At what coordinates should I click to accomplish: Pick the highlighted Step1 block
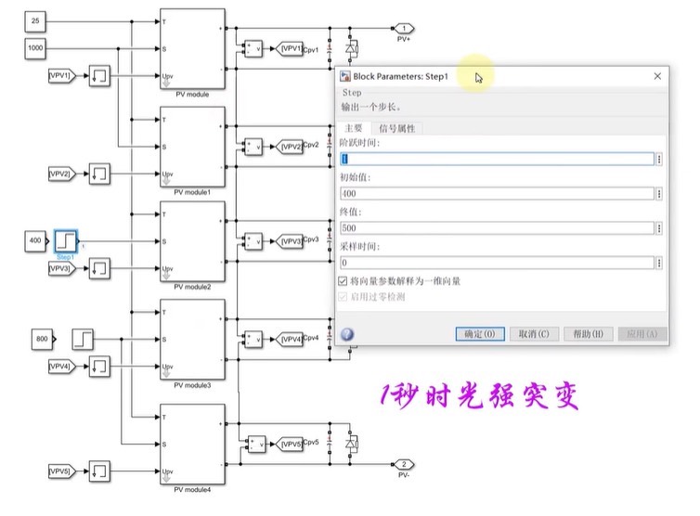coord(66,241)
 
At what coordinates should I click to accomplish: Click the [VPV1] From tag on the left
coord(60,74)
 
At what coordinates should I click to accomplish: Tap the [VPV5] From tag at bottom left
coord(60,471)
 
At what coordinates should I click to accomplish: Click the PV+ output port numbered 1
coord(404,28)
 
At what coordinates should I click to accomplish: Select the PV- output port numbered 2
coord(404,464)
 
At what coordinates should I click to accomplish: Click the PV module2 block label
coord(193,288)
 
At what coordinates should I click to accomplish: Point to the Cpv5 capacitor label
coord(310,443)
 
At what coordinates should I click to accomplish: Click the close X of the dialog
coord(657,76)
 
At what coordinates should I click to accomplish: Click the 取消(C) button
coord(534,334)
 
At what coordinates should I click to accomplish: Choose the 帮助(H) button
coord(588,334)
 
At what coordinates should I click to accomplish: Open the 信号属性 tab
coord(396,128)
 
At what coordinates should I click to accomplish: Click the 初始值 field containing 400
coord(497,194)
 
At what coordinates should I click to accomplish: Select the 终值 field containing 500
coord(497,228)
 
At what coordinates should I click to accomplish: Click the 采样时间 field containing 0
coord(497,264)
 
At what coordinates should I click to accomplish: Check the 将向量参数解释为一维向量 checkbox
coord(344,281)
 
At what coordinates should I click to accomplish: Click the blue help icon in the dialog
coord(347,334)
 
